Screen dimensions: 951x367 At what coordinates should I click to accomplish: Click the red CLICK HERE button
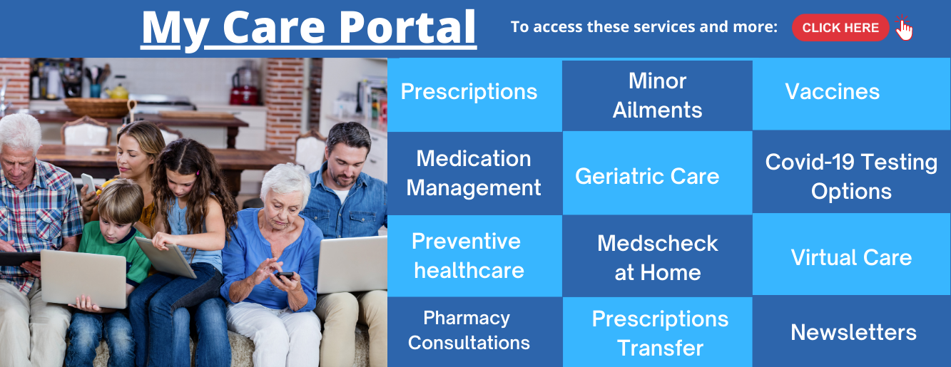[x=840, y=28]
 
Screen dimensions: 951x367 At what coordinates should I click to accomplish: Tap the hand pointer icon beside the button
[x=904, y=28]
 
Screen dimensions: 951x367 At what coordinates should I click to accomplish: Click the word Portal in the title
[x=407, y=27]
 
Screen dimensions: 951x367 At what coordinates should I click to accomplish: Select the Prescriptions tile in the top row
[x=474, y=95]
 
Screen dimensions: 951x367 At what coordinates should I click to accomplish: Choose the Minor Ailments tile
[x=657, y=95]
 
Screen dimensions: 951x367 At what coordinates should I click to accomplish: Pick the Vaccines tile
[x=851, y=94]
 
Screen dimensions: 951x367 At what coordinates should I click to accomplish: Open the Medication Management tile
[x=474, y=173]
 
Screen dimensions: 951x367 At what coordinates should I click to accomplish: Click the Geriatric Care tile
[x=657, y=172]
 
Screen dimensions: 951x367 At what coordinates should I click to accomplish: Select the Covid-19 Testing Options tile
[x=851, y=172]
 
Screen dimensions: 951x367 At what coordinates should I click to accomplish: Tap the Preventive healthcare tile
[x=474, y=256]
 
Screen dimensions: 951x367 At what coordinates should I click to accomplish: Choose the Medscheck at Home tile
[x=657, y=256]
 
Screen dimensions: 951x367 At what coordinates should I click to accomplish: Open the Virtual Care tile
[x=851, y=254]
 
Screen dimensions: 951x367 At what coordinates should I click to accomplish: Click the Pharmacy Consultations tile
[x=474, y=332]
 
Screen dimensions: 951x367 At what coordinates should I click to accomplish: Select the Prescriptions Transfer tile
[x=657, y=332]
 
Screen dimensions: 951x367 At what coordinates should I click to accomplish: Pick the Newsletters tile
[x=851, y=331]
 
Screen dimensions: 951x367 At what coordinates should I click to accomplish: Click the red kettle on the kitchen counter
[x=245, y=86]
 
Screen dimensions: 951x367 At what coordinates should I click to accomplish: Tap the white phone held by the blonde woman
[x=88, y=183]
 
